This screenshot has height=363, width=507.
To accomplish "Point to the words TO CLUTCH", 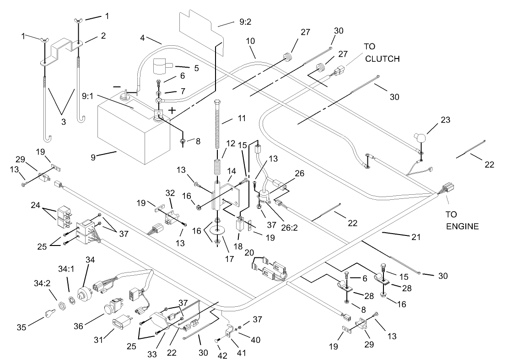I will point(381,53).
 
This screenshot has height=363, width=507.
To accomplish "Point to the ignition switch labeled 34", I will point(85,286).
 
